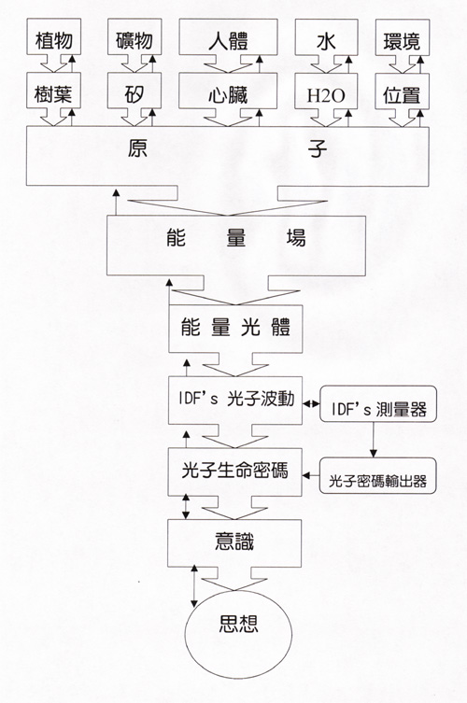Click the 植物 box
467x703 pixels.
pyautogui.click(x=54, y=36)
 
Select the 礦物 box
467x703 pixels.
pyautogui.click(x=134, y=36)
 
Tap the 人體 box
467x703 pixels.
pyautogui.click(x=228, y=36)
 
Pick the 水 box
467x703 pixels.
pyautogui.click(x=326, y=36)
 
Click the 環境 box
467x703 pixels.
pyautogui.click(x=402, y=36)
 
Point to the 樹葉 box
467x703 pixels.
pyautogui.click(x=54, y=91)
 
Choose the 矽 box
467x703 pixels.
pyautogui.click(x=134, y=91)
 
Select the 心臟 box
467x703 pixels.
pyautogui.click(x=228, y=91)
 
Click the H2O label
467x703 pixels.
pyautogui.click(x=326, y=95)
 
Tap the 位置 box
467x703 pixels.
pyautogui.click(x=402, y=91)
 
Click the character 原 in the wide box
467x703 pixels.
pyautogui.click(x=137, y=148)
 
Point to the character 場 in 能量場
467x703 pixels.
pyautogui.click(x=296, y=238)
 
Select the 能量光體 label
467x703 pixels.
pyautogui.click(x=235, y=328)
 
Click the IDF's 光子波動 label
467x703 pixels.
pyautogui.click(x=236, y=399)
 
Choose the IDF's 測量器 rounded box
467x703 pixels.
pyautogui.click(x=378, y=404)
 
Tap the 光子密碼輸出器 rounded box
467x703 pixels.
pyautogui.click(x=377, y=476)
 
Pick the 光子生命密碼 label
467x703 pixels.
pyautogui.click(x=234, y=471)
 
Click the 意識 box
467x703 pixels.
pyautogui.click(x=234, y=543)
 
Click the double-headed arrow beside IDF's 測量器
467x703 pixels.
pyautogui.click(x=311, y=404)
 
